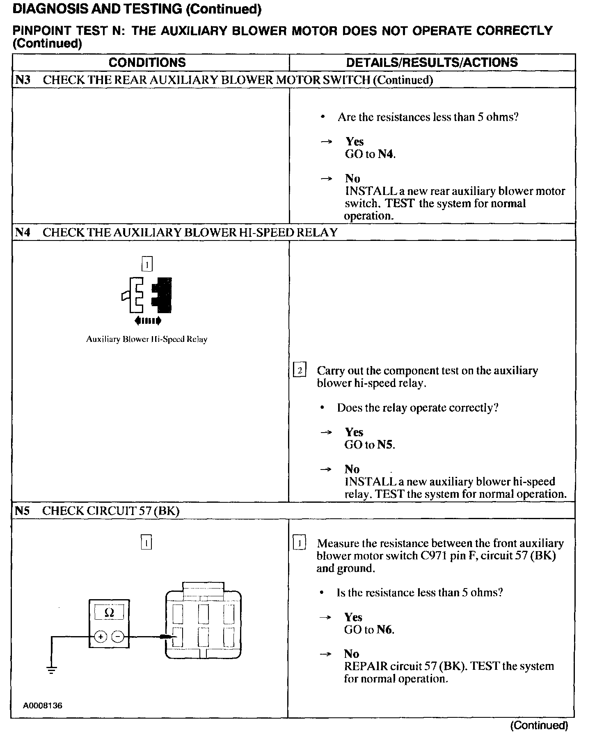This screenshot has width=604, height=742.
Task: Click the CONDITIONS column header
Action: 147,62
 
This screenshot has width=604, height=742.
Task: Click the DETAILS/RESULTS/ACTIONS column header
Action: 432,62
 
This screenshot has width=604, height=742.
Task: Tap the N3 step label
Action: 23,80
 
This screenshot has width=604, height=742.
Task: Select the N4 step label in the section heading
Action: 23,232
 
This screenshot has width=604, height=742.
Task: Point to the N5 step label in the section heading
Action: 23,511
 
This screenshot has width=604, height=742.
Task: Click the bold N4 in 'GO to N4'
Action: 386,154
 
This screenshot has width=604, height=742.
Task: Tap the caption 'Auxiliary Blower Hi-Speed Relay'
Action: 146,339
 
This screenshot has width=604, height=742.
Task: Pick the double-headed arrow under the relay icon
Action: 147,321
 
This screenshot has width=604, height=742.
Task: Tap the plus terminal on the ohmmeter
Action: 101,637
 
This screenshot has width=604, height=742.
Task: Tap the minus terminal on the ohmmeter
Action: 118,637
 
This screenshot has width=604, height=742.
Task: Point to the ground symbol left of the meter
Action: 51,671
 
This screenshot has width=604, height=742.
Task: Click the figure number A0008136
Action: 43,706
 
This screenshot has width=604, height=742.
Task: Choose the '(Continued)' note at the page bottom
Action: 539,725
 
